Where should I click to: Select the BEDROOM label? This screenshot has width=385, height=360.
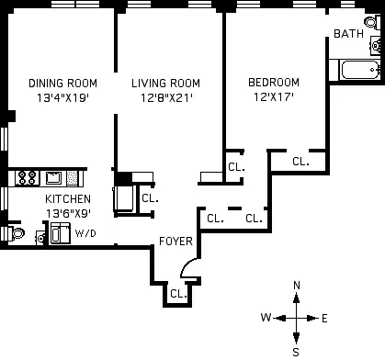[x=274, y=83]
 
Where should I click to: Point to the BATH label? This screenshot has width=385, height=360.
[x=348, y=34]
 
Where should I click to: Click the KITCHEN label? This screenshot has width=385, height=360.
[x=69, y=199]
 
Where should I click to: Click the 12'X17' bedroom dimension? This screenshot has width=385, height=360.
[x=274, y=98]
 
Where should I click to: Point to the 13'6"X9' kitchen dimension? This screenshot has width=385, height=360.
[x=69, y=214]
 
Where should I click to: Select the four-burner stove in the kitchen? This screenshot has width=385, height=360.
[x=27, y=177]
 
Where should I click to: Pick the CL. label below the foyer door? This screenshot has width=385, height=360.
[x=177, y=294]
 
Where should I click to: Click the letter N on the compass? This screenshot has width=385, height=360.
[x=296, y=286]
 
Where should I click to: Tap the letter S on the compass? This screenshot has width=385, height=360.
[x=296, y=350]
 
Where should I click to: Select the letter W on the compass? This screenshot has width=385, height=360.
[x=265, y=318]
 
